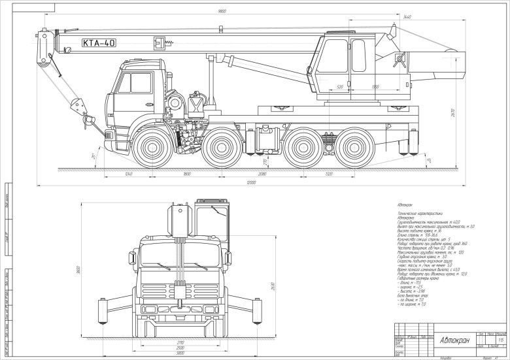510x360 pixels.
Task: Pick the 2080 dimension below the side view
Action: point(262,174)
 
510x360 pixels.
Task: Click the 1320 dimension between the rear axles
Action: point(328,174)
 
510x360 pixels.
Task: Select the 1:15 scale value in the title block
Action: point(501,339)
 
